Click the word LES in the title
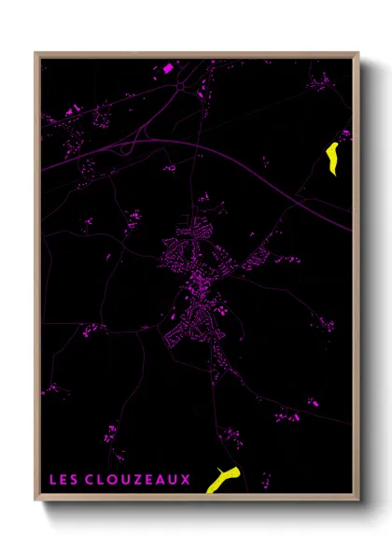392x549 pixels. pos(63,481)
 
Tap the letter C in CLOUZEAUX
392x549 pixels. pos(91,481)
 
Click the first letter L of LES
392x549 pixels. pos(52,481)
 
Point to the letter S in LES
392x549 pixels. pos(75,481)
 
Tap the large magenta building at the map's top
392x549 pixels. pos(169,67)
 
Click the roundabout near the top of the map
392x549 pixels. pos(179,87)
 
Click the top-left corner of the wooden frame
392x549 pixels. pos(36,54)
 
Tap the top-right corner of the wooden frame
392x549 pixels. pos(357,54)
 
